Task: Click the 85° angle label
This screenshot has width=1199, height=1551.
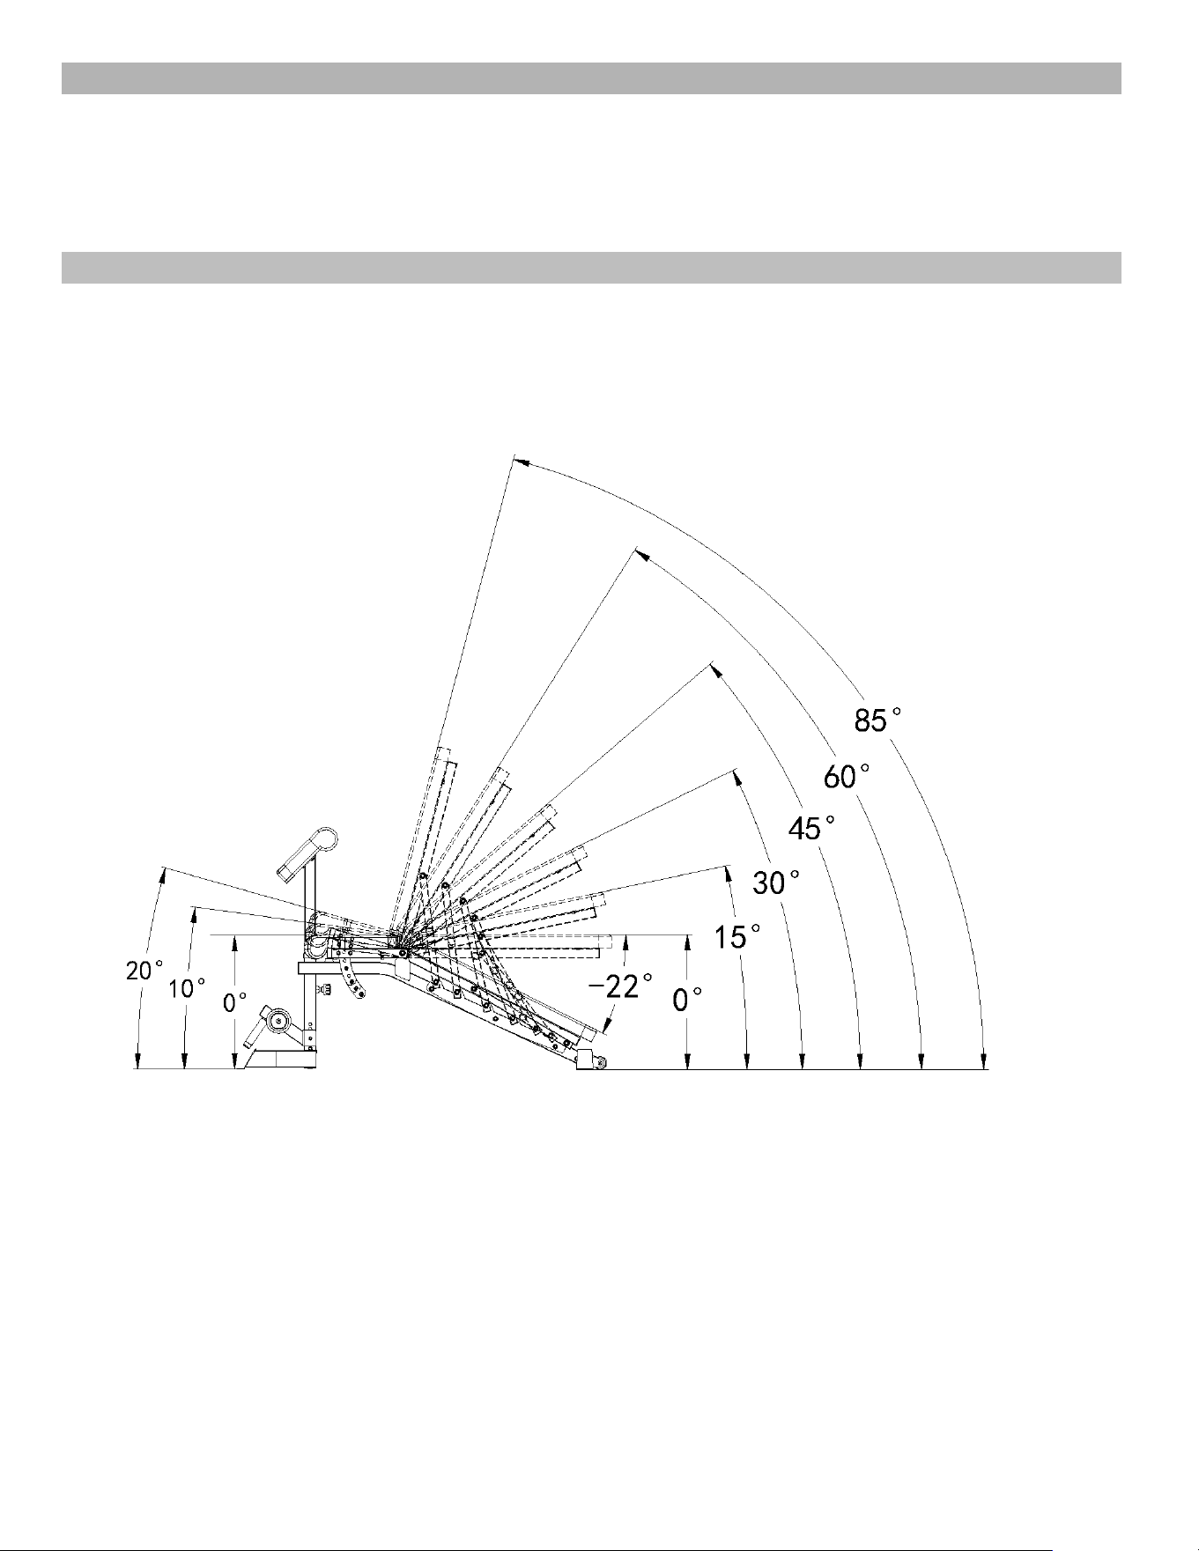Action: [x=877, y=720]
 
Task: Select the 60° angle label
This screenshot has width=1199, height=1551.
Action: [x=847, y=777]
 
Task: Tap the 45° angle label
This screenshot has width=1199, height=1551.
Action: [x=810, y=828]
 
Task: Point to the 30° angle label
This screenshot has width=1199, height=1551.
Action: [x=776, y=882]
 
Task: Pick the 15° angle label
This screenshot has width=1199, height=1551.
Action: [x=736, y=937]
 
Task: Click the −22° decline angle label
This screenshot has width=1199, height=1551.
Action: [x=620, y=986]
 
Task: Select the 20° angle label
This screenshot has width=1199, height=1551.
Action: [x=144, y=971]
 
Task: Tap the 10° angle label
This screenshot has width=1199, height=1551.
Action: [x=187, y=988]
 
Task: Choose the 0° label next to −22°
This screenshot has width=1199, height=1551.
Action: [x=687, y=1000]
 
